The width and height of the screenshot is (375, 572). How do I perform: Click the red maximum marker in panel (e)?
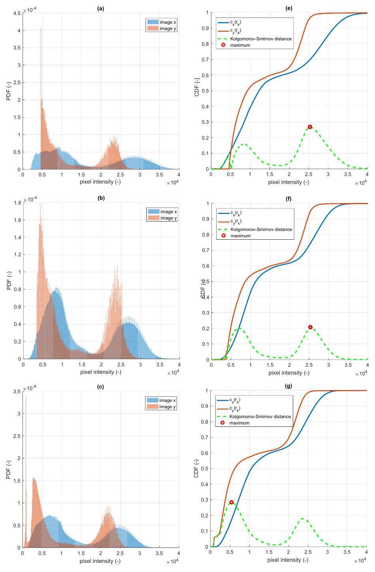(x=310, y=127)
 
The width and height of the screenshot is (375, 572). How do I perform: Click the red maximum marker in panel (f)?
(x=310, y=327)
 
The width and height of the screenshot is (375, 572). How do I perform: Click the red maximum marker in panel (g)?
(x=231, y=502)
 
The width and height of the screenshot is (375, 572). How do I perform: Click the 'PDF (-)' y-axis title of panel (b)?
(x=9, y=281)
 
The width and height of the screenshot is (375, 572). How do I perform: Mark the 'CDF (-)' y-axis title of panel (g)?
(x=197, y=469)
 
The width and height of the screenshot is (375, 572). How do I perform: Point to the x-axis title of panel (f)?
(x=289, y=372)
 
